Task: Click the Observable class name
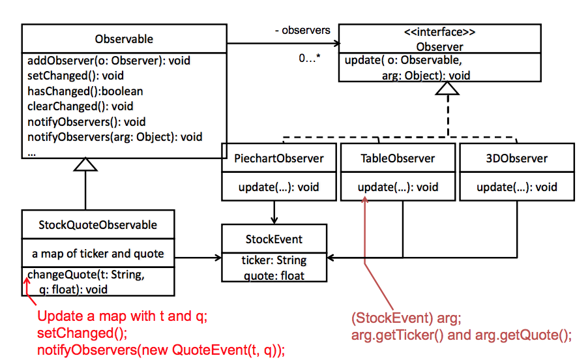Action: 124,39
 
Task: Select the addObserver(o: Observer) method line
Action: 109,61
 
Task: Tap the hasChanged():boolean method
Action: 85,91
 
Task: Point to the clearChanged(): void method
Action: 80,106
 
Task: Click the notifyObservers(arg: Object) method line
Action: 115,137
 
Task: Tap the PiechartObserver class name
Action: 278,158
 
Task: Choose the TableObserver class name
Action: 398,158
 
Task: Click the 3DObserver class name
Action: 517,158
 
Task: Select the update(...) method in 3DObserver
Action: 517,187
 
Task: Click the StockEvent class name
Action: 274,239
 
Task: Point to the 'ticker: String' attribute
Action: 274,260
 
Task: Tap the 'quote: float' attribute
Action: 274,275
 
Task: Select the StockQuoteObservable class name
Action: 98,225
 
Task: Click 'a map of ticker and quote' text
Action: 98,254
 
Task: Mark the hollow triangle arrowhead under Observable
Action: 85,165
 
